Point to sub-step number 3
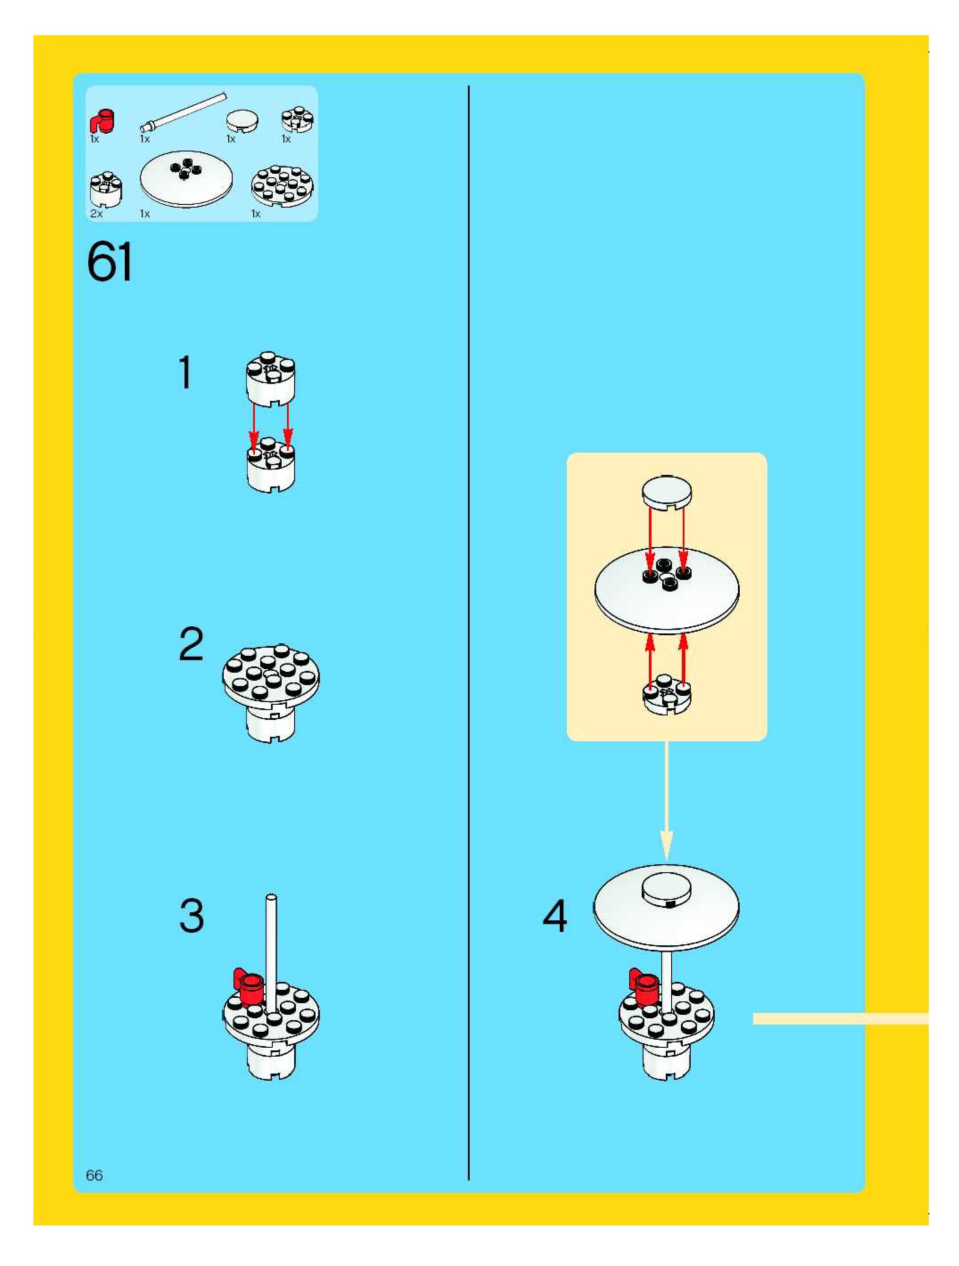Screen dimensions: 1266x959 (x=191, y=916)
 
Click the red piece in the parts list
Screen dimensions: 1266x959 (x=102, y=121)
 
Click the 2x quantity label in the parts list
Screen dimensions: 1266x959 (x=96, y=213)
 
